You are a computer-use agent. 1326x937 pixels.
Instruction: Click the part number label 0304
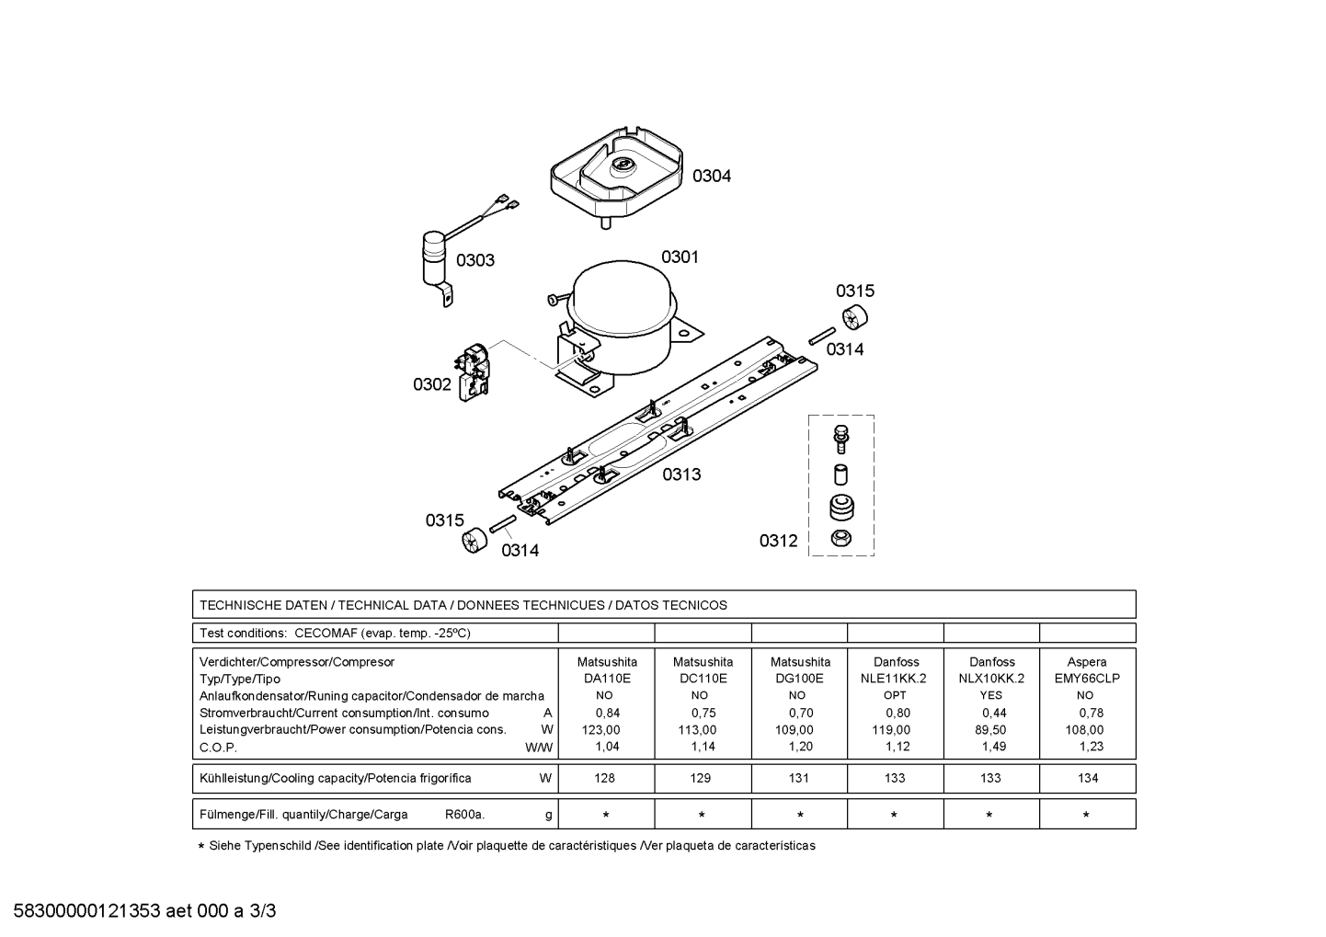(x=712, y=176)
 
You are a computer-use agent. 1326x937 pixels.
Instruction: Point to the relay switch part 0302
(x=473, y=372)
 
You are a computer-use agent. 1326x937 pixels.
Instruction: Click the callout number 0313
(x=681, y=474)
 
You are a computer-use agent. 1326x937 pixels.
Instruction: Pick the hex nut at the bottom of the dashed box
(x=841, y=538)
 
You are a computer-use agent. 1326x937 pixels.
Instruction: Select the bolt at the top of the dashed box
(x=840, y=439)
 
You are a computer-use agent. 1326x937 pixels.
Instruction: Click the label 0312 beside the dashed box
(x=779, y=541)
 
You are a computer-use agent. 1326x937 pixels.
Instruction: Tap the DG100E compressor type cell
(x=799, y=679)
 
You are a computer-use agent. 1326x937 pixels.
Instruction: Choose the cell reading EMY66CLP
(x=1088, y=679)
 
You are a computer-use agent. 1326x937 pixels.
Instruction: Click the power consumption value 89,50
(x=990, y=730)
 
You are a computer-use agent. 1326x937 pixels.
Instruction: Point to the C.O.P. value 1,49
(x=994, y=747)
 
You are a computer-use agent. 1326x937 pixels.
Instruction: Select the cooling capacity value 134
(x=1088, y=778)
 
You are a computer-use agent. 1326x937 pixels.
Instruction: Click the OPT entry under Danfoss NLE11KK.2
(x=895, y=695)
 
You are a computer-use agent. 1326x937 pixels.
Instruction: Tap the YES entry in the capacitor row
(x=991, y=695)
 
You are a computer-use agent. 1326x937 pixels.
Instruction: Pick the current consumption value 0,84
(x=608, y=713)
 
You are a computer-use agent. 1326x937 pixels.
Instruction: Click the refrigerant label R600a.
(x=464, y=815)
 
